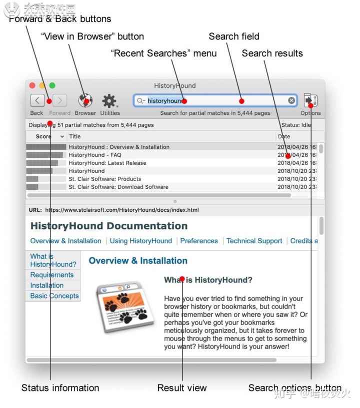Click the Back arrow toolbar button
point(37,101)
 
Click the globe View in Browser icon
point(85,101)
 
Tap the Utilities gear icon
point(109,101)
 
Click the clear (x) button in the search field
point(291,101)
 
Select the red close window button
point(32,86)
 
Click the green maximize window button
point(52,86)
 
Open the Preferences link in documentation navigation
point(199,241)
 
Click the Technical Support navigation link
point(254,241)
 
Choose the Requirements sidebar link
point(52,275)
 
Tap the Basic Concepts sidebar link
point(54,296)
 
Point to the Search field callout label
point(234,36)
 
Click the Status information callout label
point(60,388)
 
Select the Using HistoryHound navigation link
point(141,241)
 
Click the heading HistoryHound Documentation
point(109,226)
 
